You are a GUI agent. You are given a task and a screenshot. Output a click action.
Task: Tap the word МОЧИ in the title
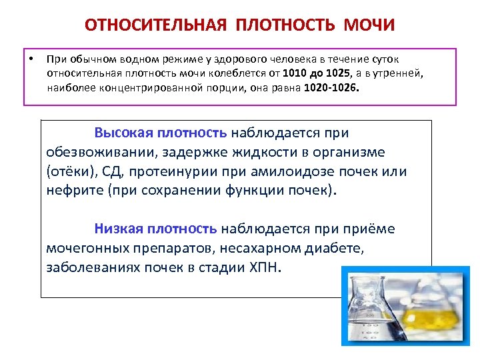point(369,25)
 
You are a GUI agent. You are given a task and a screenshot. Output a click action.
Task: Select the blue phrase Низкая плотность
point(155,229)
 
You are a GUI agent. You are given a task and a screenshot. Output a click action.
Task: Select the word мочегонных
point(83,248)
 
